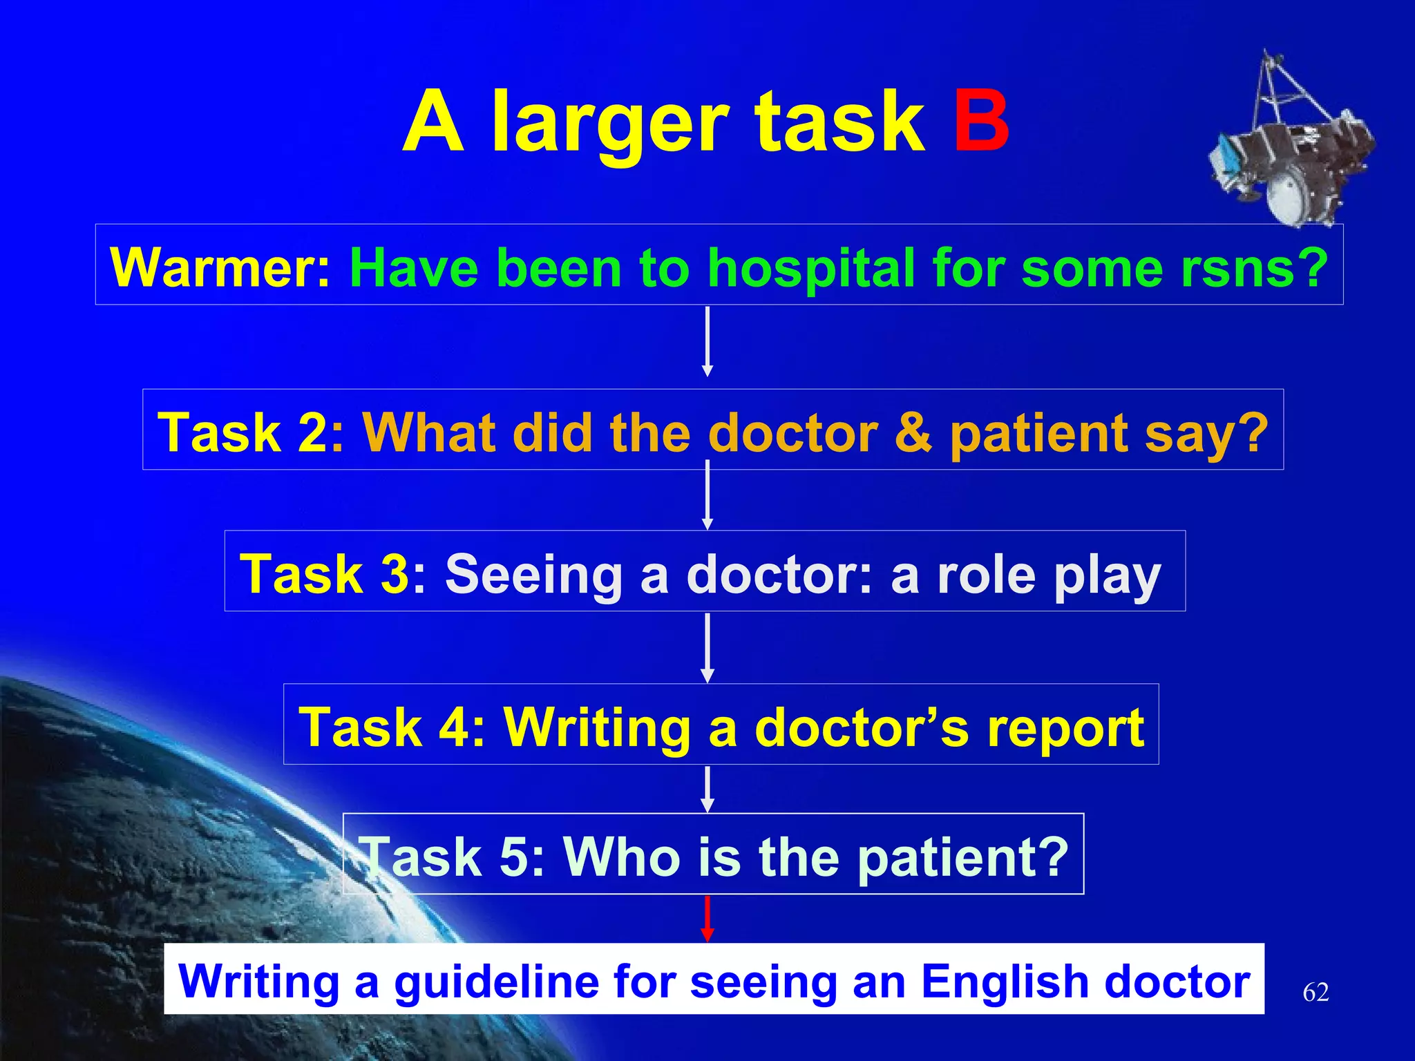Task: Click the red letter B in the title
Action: coord(981,123)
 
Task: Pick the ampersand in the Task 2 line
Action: coord(913,432)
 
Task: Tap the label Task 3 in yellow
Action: coord(325,574)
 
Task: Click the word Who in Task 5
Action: coord(623,857)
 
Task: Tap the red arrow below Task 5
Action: coord(707,919)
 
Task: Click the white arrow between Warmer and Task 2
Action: coord(707,342)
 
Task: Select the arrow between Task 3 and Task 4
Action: coord(707,648)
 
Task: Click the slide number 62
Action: coord(1315,993)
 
